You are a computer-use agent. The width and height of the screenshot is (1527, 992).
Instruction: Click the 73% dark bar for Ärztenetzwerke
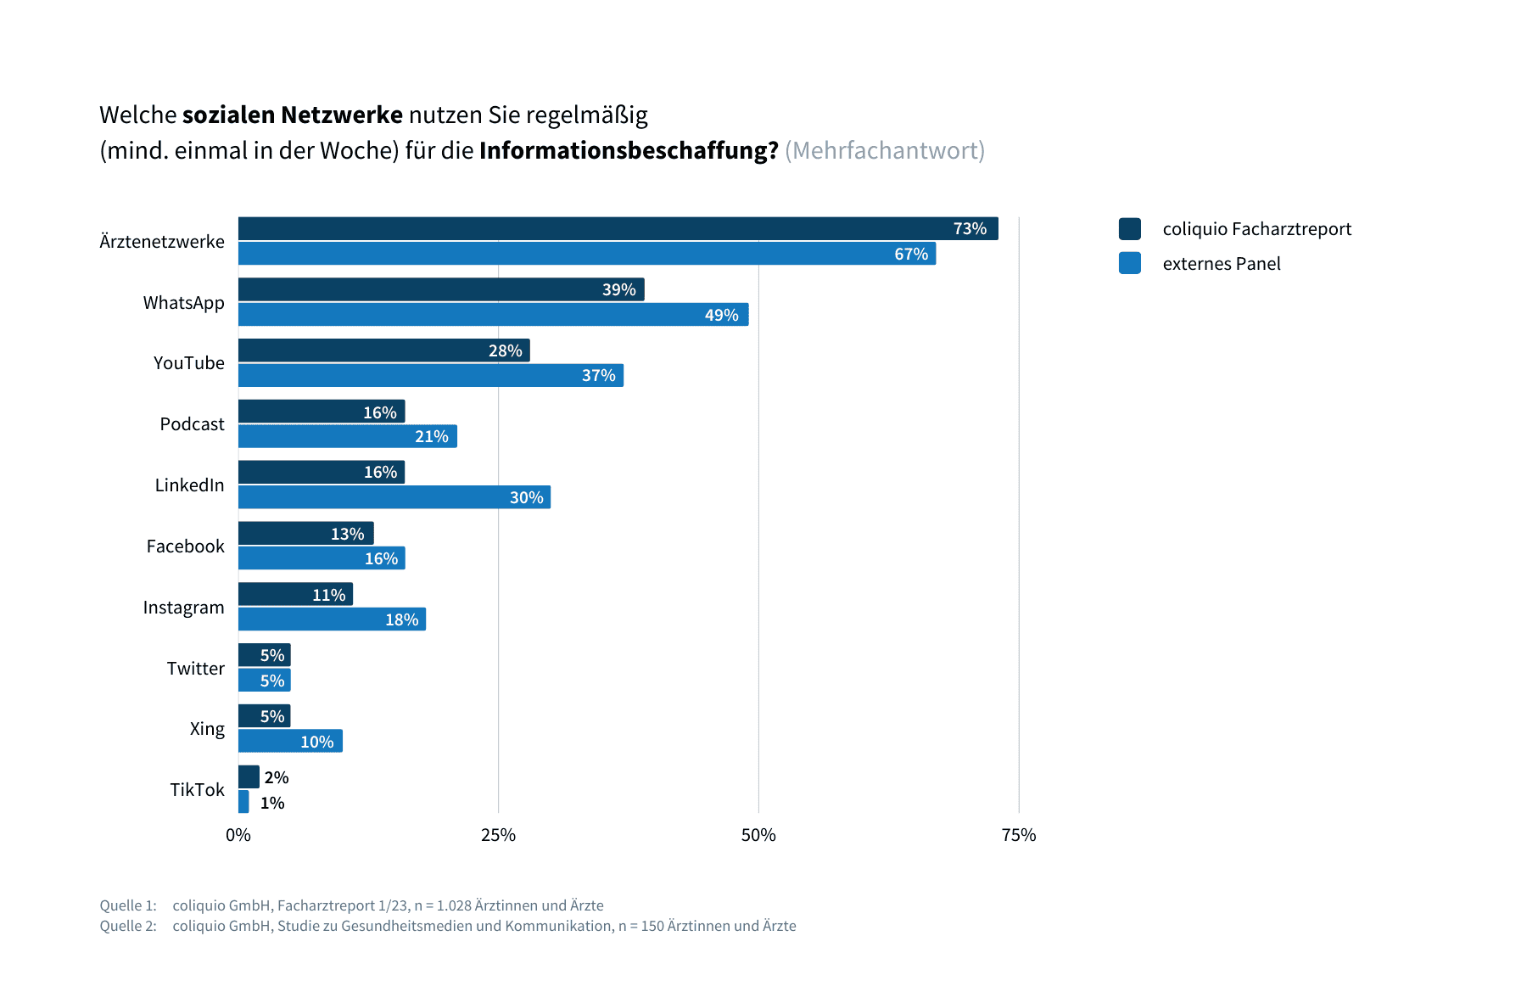coord(618,228)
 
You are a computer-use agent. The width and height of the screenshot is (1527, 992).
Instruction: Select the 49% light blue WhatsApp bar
coord(493,315)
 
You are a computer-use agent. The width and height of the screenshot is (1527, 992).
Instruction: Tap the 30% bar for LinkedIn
coord(394,497)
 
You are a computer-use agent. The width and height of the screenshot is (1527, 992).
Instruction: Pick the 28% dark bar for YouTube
coord(383,350)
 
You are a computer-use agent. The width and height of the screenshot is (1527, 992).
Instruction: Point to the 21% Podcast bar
coord(348,436)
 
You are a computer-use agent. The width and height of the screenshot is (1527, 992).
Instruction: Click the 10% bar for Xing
coord(290,741)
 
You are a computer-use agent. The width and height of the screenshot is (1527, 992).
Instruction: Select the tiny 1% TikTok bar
coord(243,802)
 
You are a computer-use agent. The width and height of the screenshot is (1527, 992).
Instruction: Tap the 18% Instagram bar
coord(332,619)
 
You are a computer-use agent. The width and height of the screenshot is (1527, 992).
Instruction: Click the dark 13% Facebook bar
coord(305,533)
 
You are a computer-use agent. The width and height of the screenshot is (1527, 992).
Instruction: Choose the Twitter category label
coord(195,669)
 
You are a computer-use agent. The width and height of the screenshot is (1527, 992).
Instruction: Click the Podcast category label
coord(192,424)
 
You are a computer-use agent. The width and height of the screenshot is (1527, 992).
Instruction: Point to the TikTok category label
coord(197,790)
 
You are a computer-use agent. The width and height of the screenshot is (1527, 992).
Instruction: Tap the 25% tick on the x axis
coord(498,835)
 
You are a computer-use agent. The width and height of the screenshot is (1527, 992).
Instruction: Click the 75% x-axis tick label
coord(1018,835)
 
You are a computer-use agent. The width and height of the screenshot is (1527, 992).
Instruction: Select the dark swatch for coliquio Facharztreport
coord(1129,229)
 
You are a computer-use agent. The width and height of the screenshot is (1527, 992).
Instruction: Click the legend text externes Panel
coord(1221,264)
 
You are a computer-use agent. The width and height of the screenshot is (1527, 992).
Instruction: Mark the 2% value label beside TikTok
coord(277,777)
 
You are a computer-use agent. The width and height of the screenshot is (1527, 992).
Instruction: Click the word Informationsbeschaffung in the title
coord(628,150)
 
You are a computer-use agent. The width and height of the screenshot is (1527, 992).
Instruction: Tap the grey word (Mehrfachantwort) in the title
coord(884,150)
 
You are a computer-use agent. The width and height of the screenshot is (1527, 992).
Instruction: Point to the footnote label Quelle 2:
coord(128,926)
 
